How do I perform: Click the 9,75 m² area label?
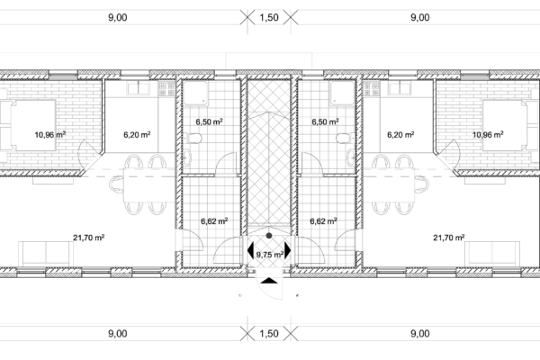pyautogui.click(x=270, y=255)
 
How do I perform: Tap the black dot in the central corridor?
pyautogui.click(x=269, y=236)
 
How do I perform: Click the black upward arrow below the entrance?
pyautogui.click(x=269, y=281)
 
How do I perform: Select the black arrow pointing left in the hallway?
pyautogui.click(x=250, y=250)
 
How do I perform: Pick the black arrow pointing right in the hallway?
pyautogui.click(x=288, y=250)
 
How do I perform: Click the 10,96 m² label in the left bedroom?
pyautogui.click(x=50, y=134)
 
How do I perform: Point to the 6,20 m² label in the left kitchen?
pyautogui.click(x=137, y=134)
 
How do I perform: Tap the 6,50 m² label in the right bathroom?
pyautogui.click(x=325, y=121)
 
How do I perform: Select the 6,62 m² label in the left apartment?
pyautogui.click(x=214, y=220)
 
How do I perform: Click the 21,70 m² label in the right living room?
pyautogui.click(x=449, y=238)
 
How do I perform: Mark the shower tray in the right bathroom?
pyautogui.click(x=343, y=93)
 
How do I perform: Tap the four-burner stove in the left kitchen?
pyautogui.click(x=166, y=88)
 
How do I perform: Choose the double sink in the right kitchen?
pyautogui.click(x=400, y=88)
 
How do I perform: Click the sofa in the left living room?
pyautogui.click(x=46, y=254)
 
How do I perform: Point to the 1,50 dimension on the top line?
pyautogui.click(x=269, y=17)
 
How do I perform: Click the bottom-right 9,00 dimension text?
pyautogui.click(x=420, y=334)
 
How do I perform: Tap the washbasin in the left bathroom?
pyautogui.click(x=186, y=157)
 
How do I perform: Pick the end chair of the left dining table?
pyautogui.click(x=116, y=184)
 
